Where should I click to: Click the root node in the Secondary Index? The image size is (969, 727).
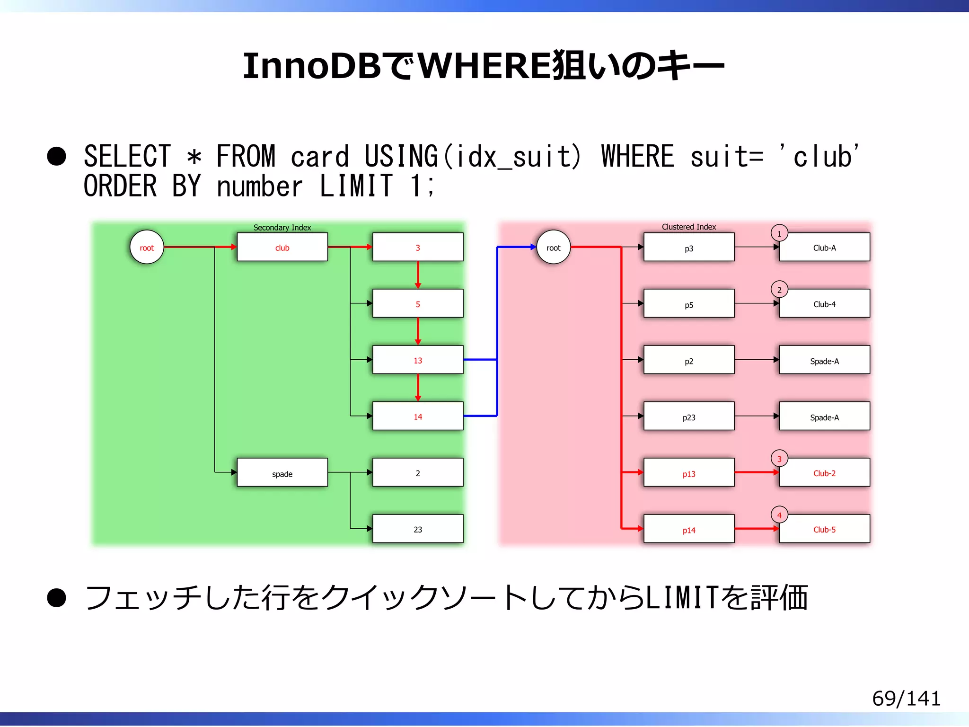click(x=147, y=247)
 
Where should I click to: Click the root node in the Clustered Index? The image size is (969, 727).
click(x=553, y=247)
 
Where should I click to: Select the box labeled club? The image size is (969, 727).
click(x=282, y=247)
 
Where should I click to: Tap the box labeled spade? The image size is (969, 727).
click(x=282, y=473)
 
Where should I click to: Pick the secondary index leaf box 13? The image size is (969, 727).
click(x=418, y=360)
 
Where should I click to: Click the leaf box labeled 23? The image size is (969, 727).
click(x=418, y=529)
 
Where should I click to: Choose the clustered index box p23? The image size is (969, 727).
click(x=689, y=417)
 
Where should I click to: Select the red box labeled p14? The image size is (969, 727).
click(x=689, y=529)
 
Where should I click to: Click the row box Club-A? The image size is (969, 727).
click(x=824, y=248)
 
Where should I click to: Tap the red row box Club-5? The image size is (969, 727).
click(x=824, y=529)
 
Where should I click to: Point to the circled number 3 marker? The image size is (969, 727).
click(x=779, y=459)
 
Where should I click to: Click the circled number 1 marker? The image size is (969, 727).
click(x=779, y=233)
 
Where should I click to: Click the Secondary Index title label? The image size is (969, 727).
click(x=282, y=227)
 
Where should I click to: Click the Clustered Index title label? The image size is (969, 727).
click(x=688, y=227)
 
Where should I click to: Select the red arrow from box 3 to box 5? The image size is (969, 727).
click(x=418, y=275)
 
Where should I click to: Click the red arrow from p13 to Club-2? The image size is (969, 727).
click(x=756, y=472)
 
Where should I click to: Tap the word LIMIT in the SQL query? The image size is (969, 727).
click(x=356, y=186)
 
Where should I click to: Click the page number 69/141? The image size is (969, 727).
click(x=906, y=698)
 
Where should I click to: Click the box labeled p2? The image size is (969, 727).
click(x=689, y=361)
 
